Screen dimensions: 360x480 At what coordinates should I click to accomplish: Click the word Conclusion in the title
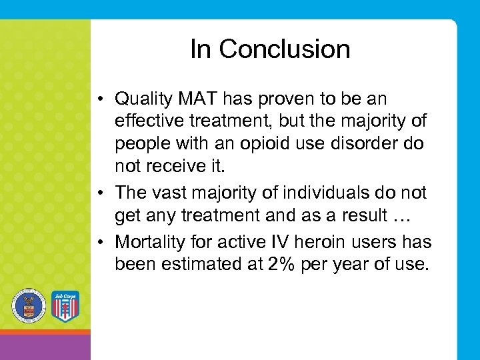click(x=285, y=49)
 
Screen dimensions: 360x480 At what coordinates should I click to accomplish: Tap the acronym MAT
click(x=197, y=99)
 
